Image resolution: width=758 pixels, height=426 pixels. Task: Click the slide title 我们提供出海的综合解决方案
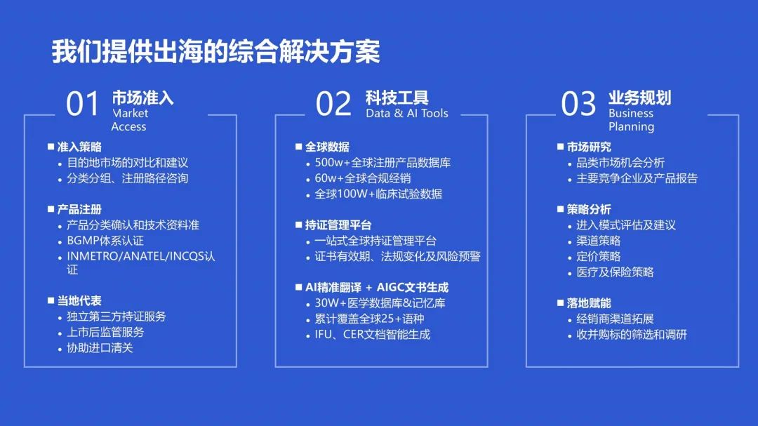coord(216,51)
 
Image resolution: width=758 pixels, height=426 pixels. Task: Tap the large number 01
coord(83,103)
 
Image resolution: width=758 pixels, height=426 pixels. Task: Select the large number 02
coord(333,103)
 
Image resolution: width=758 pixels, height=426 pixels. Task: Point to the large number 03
coord(578,103)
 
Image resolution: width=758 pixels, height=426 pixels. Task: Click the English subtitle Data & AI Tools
coord(407,113)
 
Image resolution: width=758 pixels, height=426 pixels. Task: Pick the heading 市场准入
coord(142,98)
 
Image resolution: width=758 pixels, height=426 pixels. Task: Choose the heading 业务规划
coord(639,98)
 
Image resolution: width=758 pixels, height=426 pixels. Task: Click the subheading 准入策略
coord(79,147)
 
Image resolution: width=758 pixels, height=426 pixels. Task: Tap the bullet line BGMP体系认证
coord(105,240)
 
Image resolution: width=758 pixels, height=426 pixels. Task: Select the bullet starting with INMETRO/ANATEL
coord(140,262)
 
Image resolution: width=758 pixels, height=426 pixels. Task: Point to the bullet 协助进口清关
coord(100,347)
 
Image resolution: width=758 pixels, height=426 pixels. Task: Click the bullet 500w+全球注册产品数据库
coord(383,163)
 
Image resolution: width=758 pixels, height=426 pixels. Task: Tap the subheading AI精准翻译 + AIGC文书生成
coord(377,287)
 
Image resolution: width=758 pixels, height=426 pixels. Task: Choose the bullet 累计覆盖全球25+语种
coord(369,319)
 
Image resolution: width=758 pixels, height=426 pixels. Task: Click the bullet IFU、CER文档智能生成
coord(372,334)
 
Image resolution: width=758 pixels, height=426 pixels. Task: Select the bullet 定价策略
coord(599,256)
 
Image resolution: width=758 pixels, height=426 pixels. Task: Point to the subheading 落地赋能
coord(589,303)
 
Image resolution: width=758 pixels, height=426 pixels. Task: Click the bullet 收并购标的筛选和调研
coord(632,334)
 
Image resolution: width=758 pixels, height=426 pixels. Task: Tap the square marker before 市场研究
coord(560,147)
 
